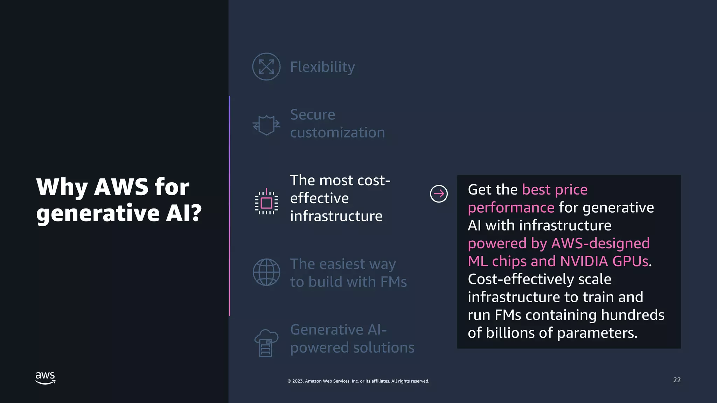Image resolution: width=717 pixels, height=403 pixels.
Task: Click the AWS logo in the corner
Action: pos(46,378)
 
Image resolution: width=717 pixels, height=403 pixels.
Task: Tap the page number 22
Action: pos(677,380)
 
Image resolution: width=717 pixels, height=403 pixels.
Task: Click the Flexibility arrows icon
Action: pos(266,66)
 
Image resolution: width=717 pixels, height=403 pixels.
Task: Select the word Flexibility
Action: pos(322,67)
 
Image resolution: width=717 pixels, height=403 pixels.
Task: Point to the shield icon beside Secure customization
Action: pos(266,125)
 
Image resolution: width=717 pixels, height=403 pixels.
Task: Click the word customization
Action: pos(337,133)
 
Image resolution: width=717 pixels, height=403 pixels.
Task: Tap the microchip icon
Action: pos(266,202)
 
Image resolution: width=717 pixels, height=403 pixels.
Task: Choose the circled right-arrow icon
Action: pos(439,193)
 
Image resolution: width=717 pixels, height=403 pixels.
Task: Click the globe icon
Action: pos(266,272)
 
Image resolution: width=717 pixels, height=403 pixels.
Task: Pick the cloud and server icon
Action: pos(266,343)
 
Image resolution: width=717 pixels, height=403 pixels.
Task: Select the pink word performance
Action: pos(511,208)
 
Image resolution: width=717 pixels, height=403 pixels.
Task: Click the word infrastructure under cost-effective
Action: pos(336,216)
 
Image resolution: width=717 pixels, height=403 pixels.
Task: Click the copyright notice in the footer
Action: pos(358,381)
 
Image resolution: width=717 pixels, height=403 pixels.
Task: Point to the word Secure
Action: pos(313,115)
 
